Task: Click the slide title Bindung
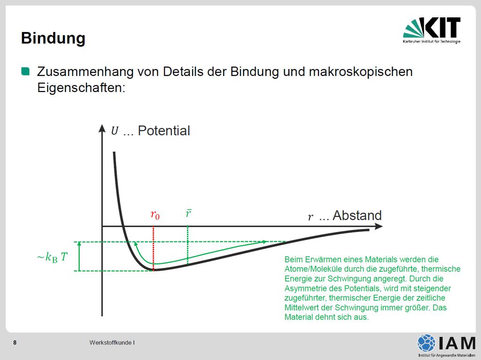coord(53,38)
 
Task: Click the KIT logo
coord(432,30)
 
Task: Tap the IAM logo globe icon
coord(426,343)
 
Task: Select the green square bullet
coord(25,71)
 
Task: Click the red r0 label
coord(155,214)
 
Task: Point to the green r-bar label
coord(189,213)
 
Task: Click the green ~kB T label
coord(52,257)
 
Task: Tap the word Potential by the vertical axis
coord(164,130)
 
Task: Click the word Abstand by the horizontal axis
coord(357,215)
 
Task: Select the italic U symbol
coord(115,130)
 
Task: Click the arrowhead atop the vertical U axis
coord(102,128)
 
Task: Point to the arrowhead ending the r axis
coord(379,226)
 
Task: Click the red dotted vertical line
coord(154,248)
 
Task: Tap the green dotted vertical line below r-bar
coord(188,245)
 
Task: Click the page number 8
coord(15,343)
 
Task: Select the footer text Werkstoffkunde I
coord(112,343)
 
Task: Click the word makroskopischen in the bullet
coord(361,72)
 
